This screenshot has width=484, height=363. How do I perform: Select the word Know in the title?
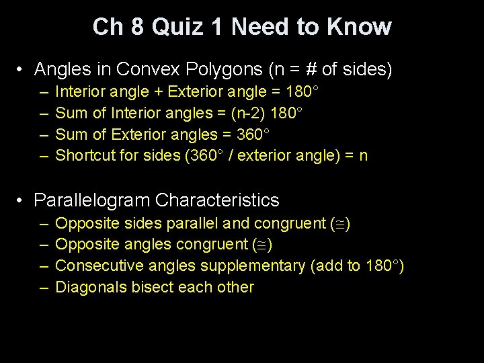point(360,27)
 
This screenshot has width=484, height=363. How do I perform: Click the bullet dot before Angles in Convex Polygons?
point(22,69)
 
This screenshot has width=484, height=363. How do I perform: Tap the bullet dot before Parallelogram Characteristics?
point(22,200)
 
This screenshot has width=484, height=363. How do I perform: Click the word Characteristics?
point(217,200)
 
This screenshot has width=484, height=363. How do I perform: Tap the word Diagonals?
point(89,288)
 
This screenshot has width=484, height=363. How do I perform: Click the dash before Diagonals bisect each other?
point(43,288)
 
